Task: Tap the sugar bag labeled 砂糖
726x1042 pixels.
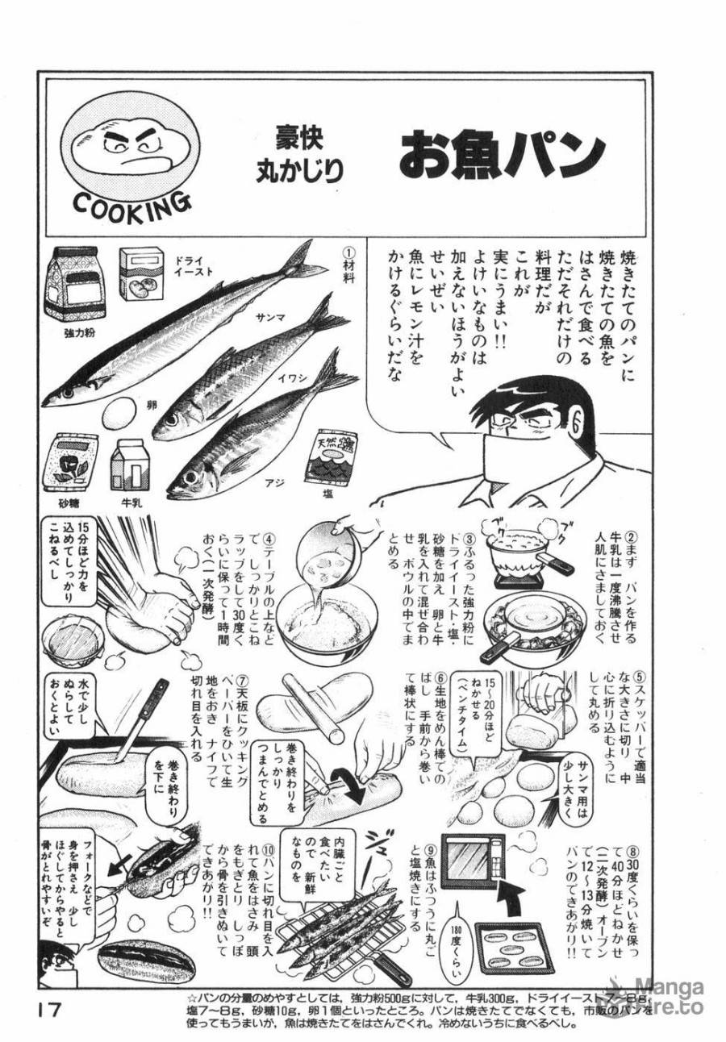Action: point(74,462)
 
